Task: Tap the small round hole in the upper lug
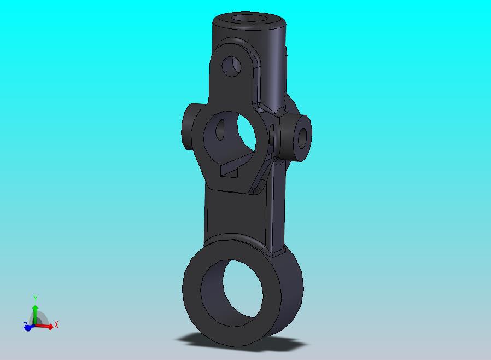(x=232, y=66)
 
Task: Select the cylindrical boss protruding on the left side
(x=189, y=127)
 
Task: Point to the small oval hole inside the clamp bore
(x=221, y=131)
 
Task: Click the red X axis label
(x=56, y=325)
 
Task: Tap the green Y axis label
(x=35, y=299)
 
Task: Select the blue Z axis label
(x=26, y=326)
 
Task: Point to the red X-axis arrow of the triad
(x=47, y=327)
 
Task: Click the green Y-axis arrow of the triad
(x=34, y=312)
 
